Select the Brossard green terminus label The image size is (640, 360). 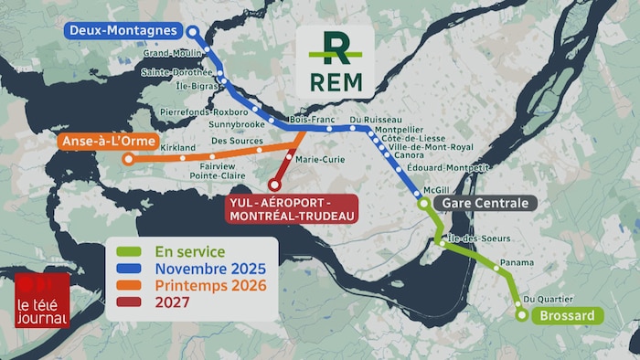coord(567,316)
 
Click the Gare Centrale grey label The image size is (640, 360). coord(485,203)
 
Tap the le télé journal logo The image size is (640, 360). coord(41,301)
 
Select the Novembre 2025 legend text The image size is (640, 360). coord(210,269)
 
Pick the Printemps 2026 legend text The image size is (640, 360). coord(210,285)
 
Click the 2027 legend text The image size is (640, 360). coord(173,302)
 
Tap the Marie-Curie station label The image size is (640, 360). coord(321,158)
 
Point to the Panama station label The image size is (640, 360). coord(517,262)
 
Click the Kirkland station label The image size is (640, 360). coord(177,147)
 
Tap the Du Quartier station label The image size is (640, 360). coord(549,299)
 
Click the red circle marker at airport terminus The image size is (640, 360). coord(273,185)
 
